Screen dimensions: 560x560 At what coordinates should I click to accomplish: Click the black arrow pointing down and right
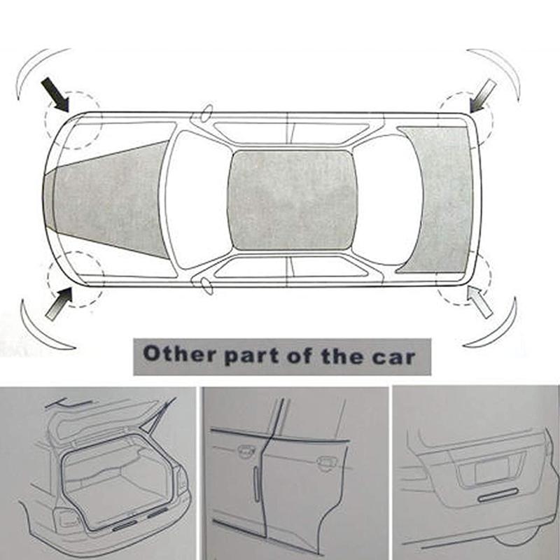pyautogui.click(x=55, y=94)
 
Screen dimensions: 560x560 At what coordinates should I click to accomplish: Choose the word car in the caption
pyautogui.click(x=395, y=356)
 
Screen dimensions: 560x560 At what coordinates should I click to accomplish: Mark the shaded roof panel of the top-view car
pyautogui.click(x=292, y=199)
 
